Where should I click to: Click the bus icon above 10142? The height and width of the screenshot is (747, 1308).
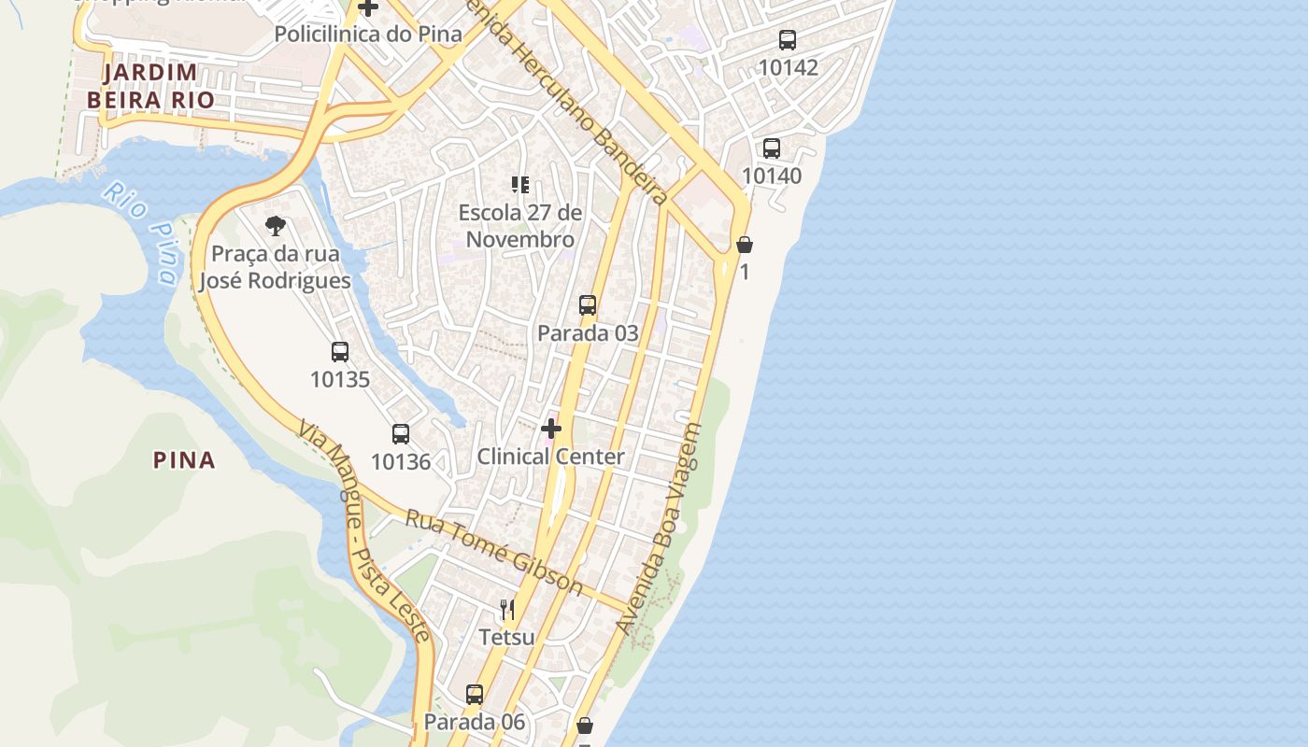point(788,40)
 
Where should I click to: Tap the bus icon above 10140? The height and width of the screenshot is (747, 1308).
point(772,148)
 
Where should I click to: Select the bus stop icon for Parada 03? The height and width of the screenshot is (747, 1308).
point(588,305)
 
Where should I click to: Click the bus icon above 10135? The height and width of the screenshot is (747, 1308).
point(340,352)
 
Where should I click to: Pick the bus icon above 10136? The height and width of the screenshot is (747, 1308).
point(401,434)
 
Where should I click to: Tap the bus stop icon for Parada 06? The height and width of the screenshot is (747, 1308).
point(475,695)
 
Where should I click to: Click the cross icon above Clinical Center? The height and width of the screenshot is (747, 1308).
point(551,429)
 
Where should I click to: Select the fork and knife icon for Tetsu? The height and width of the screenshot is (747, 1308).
point(507,610)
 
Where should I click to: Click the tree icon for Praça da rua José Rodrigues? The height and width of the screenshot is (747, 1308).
point(275,226)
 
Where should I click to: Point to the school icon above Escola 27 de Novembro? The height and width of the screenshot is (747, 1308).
point(520,185)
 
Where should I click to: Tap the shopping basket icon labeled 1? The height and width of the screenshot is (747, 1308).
point(745,246)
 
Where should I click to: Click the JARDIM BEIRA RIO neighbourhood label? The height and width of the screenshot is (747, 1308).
point(150,86)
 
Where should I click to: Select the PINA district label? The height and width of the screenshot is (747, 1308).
point(184,459)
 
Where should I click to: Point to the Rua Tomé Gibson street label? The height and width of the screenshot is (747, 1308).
point(494,553)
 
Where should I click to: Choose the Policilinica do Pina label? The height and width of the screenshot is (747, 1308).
point(368,35)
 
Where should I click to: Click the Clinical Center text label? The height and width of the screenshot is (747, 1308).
point(550,457)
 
